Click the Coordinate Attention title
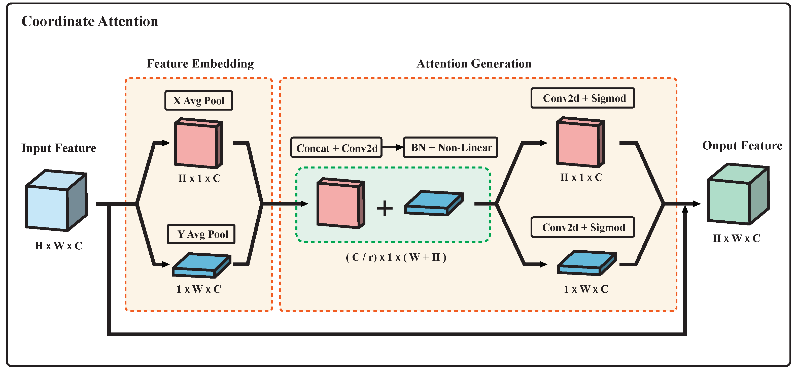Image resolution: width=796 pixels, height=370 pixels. click(x=90, y=22)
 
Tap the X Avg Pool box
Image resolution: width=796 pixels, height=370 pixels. click(x=199, y=100)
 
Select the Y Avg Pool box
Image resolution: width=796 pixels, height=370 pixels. click(x=201, y=234)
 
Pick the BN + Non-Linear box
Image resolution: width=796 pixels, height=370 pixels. click(x=451, y=147)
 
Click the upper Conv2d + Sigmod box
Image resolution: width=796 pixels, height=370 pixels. click(x=582, y=98)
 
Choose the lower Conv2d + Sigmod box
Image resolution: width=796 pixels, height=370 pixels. click(x=582, y=227)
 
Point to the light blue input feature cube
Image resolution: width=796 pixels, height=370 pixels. click(x=56, y=201)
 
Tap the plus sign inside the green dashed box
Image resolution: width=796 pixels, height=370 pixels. click(x=385, y=208)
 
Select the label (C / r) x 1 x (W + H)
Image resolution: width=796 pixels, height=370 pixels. click(x=396, y=257)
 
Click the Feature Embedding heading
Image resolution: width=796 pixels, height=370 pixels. click(x=200, y=64)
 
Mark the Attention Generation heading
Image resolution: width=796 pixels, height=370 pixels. click(x=474, y=64)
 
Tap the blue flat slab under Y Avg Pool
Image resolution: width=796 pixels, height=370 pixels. click(x=201, y=265)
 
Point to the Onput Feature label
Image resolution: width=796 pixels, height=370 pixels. click(x=742, y=145)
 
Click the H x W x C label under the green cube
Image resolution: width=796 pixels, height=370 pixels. click(x=736, y=238)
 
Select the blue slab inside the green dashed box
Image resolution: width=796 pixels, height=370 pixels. click(x=434, y=203)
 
